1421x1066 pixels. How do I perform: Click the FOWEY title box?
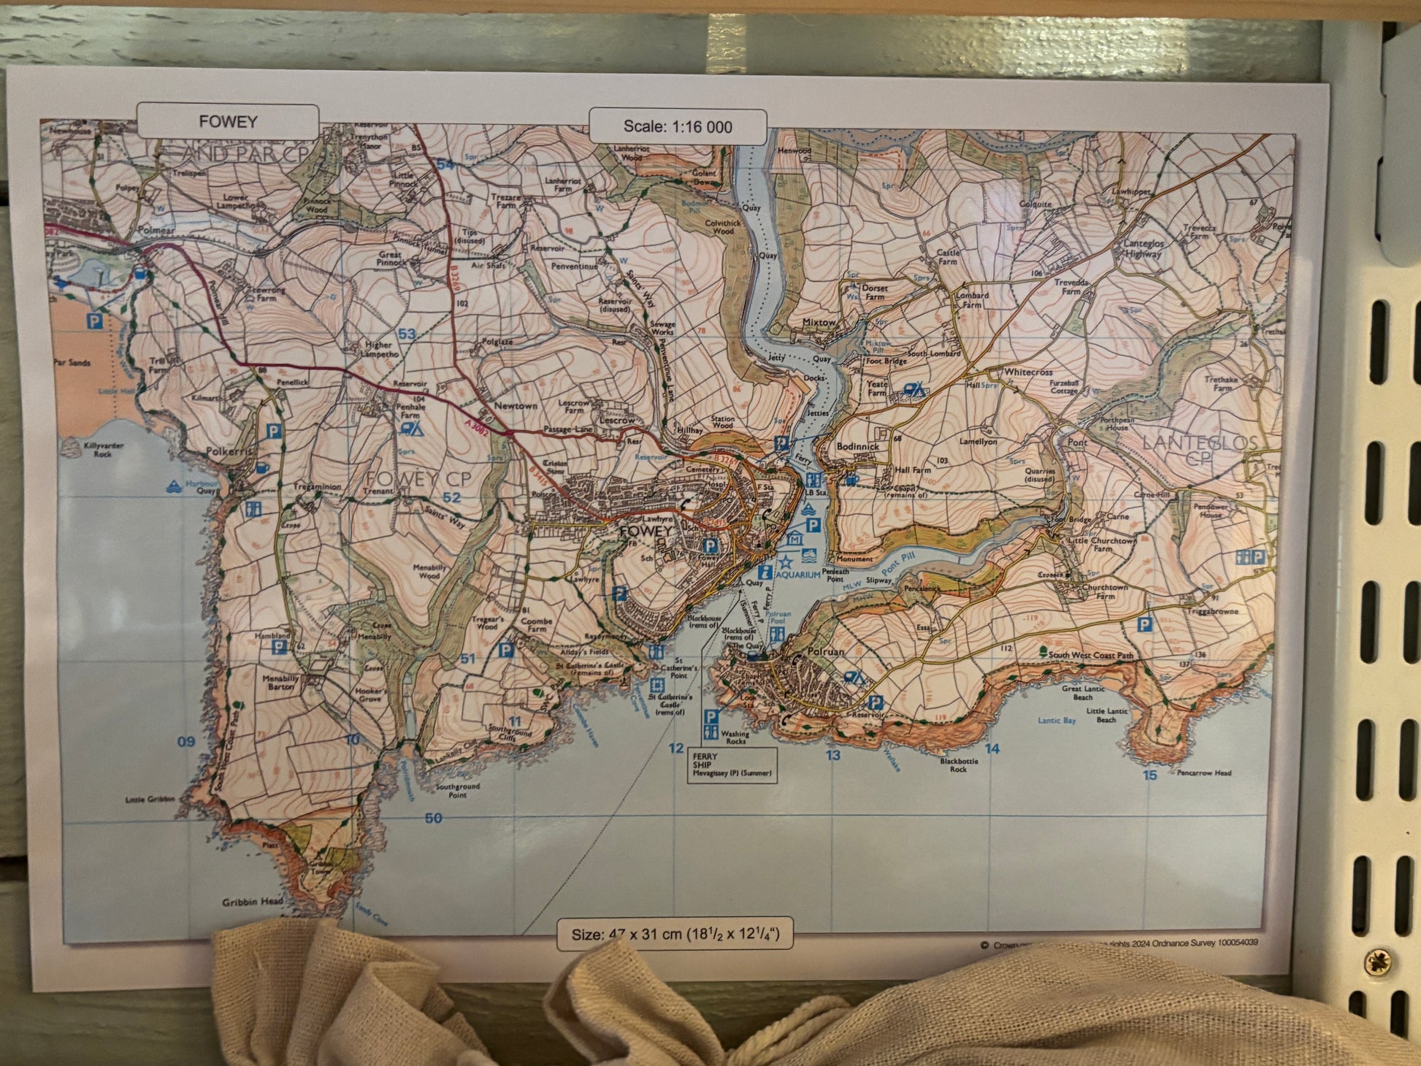228,122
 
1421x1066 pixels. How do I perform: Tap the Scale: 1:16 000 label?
678,127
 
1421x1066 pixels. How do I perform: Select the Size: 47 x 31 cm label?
675,934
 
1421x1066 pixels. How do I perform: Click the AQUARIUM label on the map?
797,575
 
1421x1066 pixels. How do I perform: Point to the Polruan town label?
826,651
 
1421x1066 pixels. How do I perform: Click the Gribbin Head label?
253,902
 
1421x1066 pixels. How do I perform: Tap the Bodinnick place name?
858,446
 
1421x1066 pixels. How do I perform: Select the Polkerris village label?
229,452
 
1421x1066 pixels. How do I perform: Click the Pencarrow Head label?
1203,772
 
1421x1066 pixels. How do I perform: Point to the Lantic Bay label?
1057,721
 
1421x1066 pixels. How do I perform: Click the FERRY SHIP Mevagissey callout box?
732,765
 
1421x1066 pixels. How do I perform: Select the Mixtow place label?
819,322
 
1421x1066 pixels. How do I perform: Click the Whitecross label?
1028,372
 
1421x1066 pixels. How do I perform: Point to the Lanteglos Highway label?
1143,249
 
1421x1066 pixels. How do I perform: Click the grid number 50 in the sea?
433,818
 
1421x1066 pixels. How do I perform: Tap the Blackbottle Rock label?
959,764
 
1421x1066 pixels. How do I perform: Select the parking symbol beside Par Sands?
94,321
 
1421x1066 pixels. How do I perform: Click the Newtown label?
516,406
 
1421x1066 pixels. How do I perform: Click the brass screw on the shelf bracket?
1376,962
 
